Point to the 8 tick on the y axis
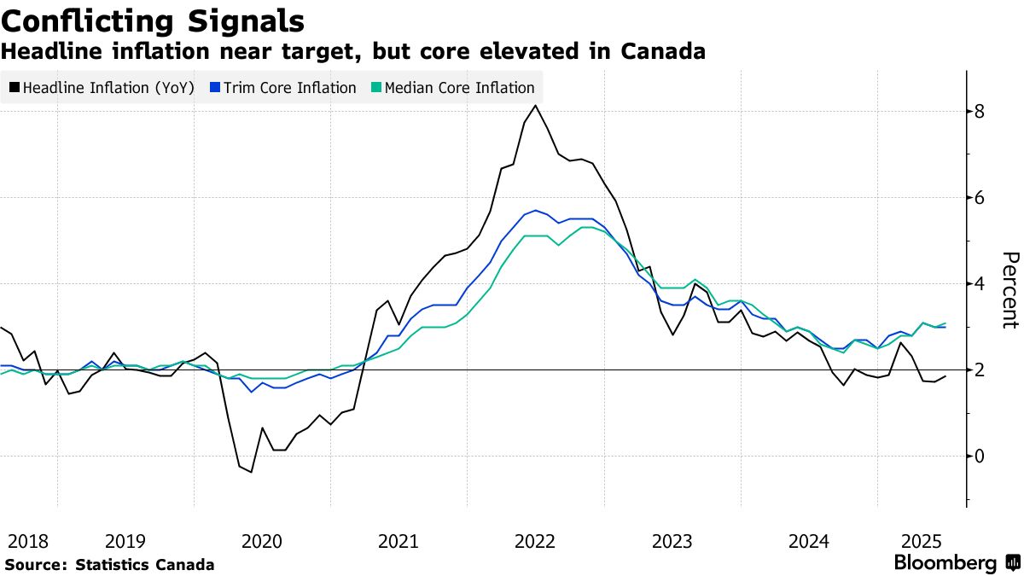click(x=980, y=112)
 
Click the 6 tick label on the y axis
click(x=980, y=197)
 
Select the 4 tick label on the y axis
click(x=980, y=283)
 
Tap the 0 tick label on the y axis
click(x=980, y=455)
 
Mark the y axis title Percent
click(x=1009, y=290)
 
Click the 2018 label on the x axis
click(x=27, y=541)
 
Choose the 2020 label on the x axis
click(x=262, y=541)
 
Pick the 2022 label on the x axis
click(x=536, y=541)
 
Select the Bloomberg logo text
click(x=945, y=563)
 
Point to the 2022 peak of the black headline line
click(x=535, y=105)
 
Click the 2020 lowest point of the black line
click(x=251, y=472)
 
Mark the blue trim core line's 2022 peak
click(x=535, y=210)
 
